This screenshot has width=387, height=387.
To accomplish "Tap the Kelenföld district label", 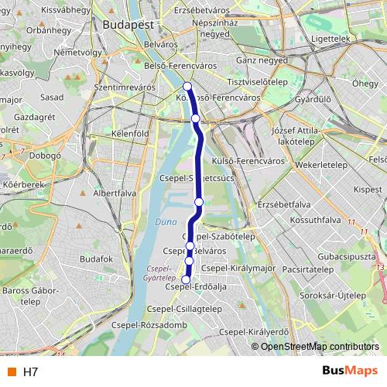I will point(130,133).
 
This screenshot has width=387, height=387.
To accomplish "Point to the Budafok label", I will point(96,259).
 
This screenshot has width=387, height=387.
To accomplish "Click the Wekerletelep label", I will point(318,165).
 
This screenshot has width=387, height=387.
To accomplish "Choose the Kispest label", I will point(346,188).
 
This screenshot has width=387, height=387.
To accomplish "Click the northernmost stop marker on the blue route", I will point(188,86).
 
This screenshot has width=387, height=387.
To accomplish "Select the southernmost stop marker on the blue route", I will point(186,279).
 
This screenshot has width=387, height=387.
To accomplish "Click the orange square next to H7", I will point(12,372).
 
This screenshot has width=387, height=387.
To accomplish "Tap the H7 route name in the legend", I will point(30,372).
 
